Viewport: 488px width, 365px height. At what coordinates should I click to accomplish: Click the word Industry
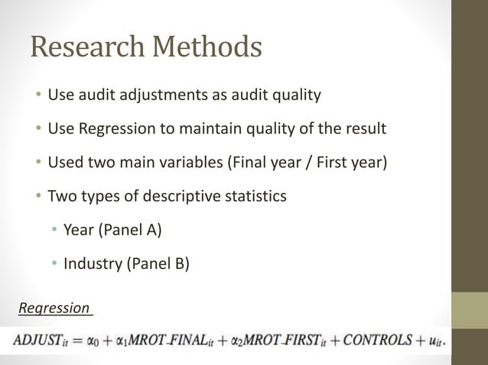[90, 264]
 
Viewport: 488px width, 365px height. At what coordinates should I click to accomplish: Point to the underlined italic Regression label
[54, 308]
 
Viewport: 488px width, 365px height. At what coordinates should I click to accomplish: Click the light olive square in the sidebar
[469, 309]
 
